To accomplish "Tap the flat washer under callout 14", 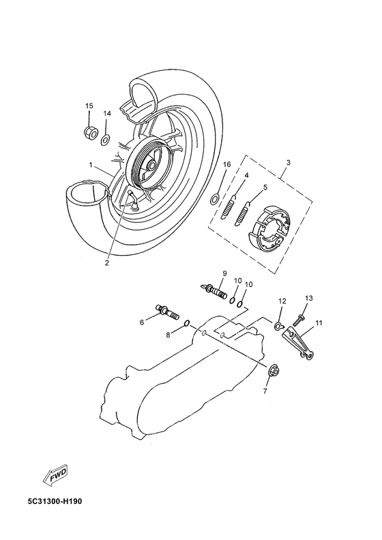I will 106,140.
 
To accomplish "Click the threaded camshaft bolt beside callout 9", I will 215,291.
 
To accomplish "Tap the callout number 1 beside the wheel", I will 90,165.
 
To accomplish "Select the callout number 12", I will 282,301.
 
